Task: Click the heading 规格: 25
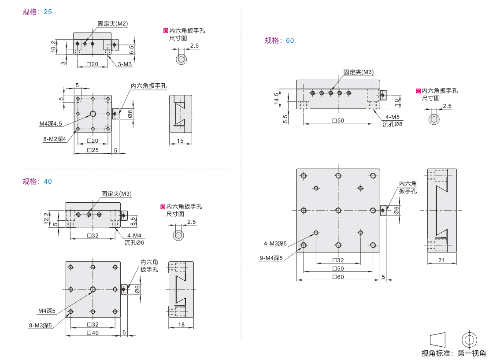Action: point(37,12)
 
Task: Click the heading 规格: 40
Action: point(37,181)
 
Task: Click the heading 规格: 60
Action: point(279,41)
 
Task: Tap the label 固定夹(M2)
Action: point(113,23)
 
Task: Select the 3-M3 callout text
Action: point(125,64)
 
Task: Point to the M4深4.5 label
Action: point(51,124)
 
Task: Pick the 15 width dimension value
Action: point(181,141)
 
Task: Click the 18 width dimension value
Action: point(181,325)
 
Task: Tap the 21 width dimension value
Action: point(442,260)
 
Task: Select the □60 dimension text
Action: point(338,277)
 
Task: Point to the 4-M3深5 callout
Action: point(275,243)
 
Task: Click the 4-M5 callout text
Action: point(393,117)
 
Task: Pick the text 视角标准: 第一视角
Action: point(453,353)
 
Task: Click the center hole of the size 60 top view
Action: point(338,210)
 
